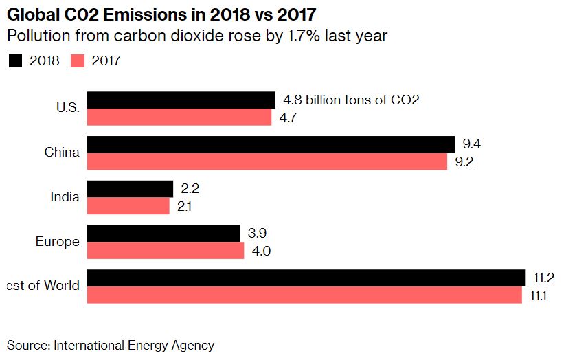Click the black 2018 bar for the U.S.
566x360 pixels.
[x=181, y=100]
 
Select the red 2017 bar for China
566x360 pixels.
[x=267, y=161]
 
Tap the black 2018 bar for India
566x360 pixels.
[x=130, y=188]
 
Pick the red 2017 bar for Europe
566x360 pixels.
[x=166, y=251]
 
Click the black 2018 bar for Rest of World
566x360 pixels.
[x=306, y=278]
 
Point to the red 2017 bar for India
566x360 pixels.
[x=128, y=206]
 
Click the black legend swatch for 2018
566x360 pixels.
[x=15, y=61]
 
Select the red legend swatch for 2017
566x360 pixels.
[x=77, y=61]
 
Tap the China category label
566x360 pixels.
[x=62, y=153]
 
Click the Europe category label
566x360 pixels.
[x=58, y=241]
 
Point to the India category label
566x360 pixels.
[x=65, y=197]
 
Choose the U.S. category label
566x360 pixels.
[x=68, y=108]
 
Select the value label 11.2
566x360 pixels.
[x=543, y=278]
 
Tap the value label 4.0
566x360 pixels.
[x=262, y=251]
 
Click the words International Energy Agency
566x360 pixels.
[x=134, y=346]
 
